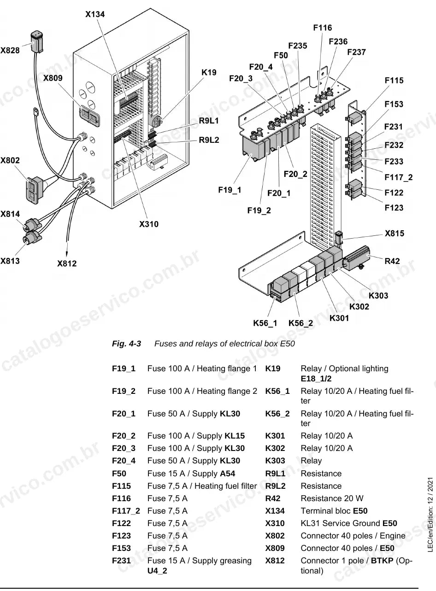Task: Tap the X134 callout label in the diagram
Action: coord(95,14)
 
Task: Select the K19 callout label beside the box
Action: coord(209,73)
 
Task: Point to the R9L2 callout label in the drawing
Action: coord(209,140)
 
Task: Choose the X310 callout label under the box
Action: coord(149,224)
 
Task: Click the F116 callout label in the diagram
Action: coord(323,28)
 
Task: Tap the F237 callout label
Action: coord(356,52)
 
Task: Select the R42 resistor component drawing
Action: coord(357,258)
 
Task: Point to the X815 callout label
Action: coord(395,234)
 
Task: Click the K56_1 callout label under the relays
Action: coord(265,323)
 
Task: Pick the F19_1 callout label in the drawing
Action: coord(230,190)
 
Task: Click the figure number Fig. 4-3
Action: coord(126,344)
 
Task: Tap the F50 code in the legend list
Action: coord(119,474)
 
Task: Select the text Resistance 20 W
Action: coord(332,498)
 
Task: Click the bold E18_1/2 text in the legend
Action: coord(316,379)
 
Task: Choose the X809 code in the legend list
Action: coord(275,548)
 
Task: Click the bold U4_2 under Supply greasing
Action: coord(157,571)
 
